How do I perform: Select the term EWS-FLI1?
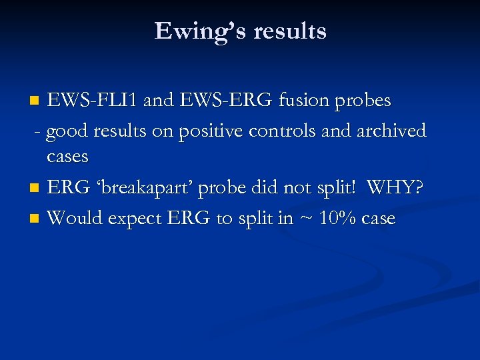coord(93,100)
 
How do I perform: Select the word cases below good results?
coord(67,157)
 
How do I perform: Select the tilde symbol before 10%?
coord(305,219)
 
